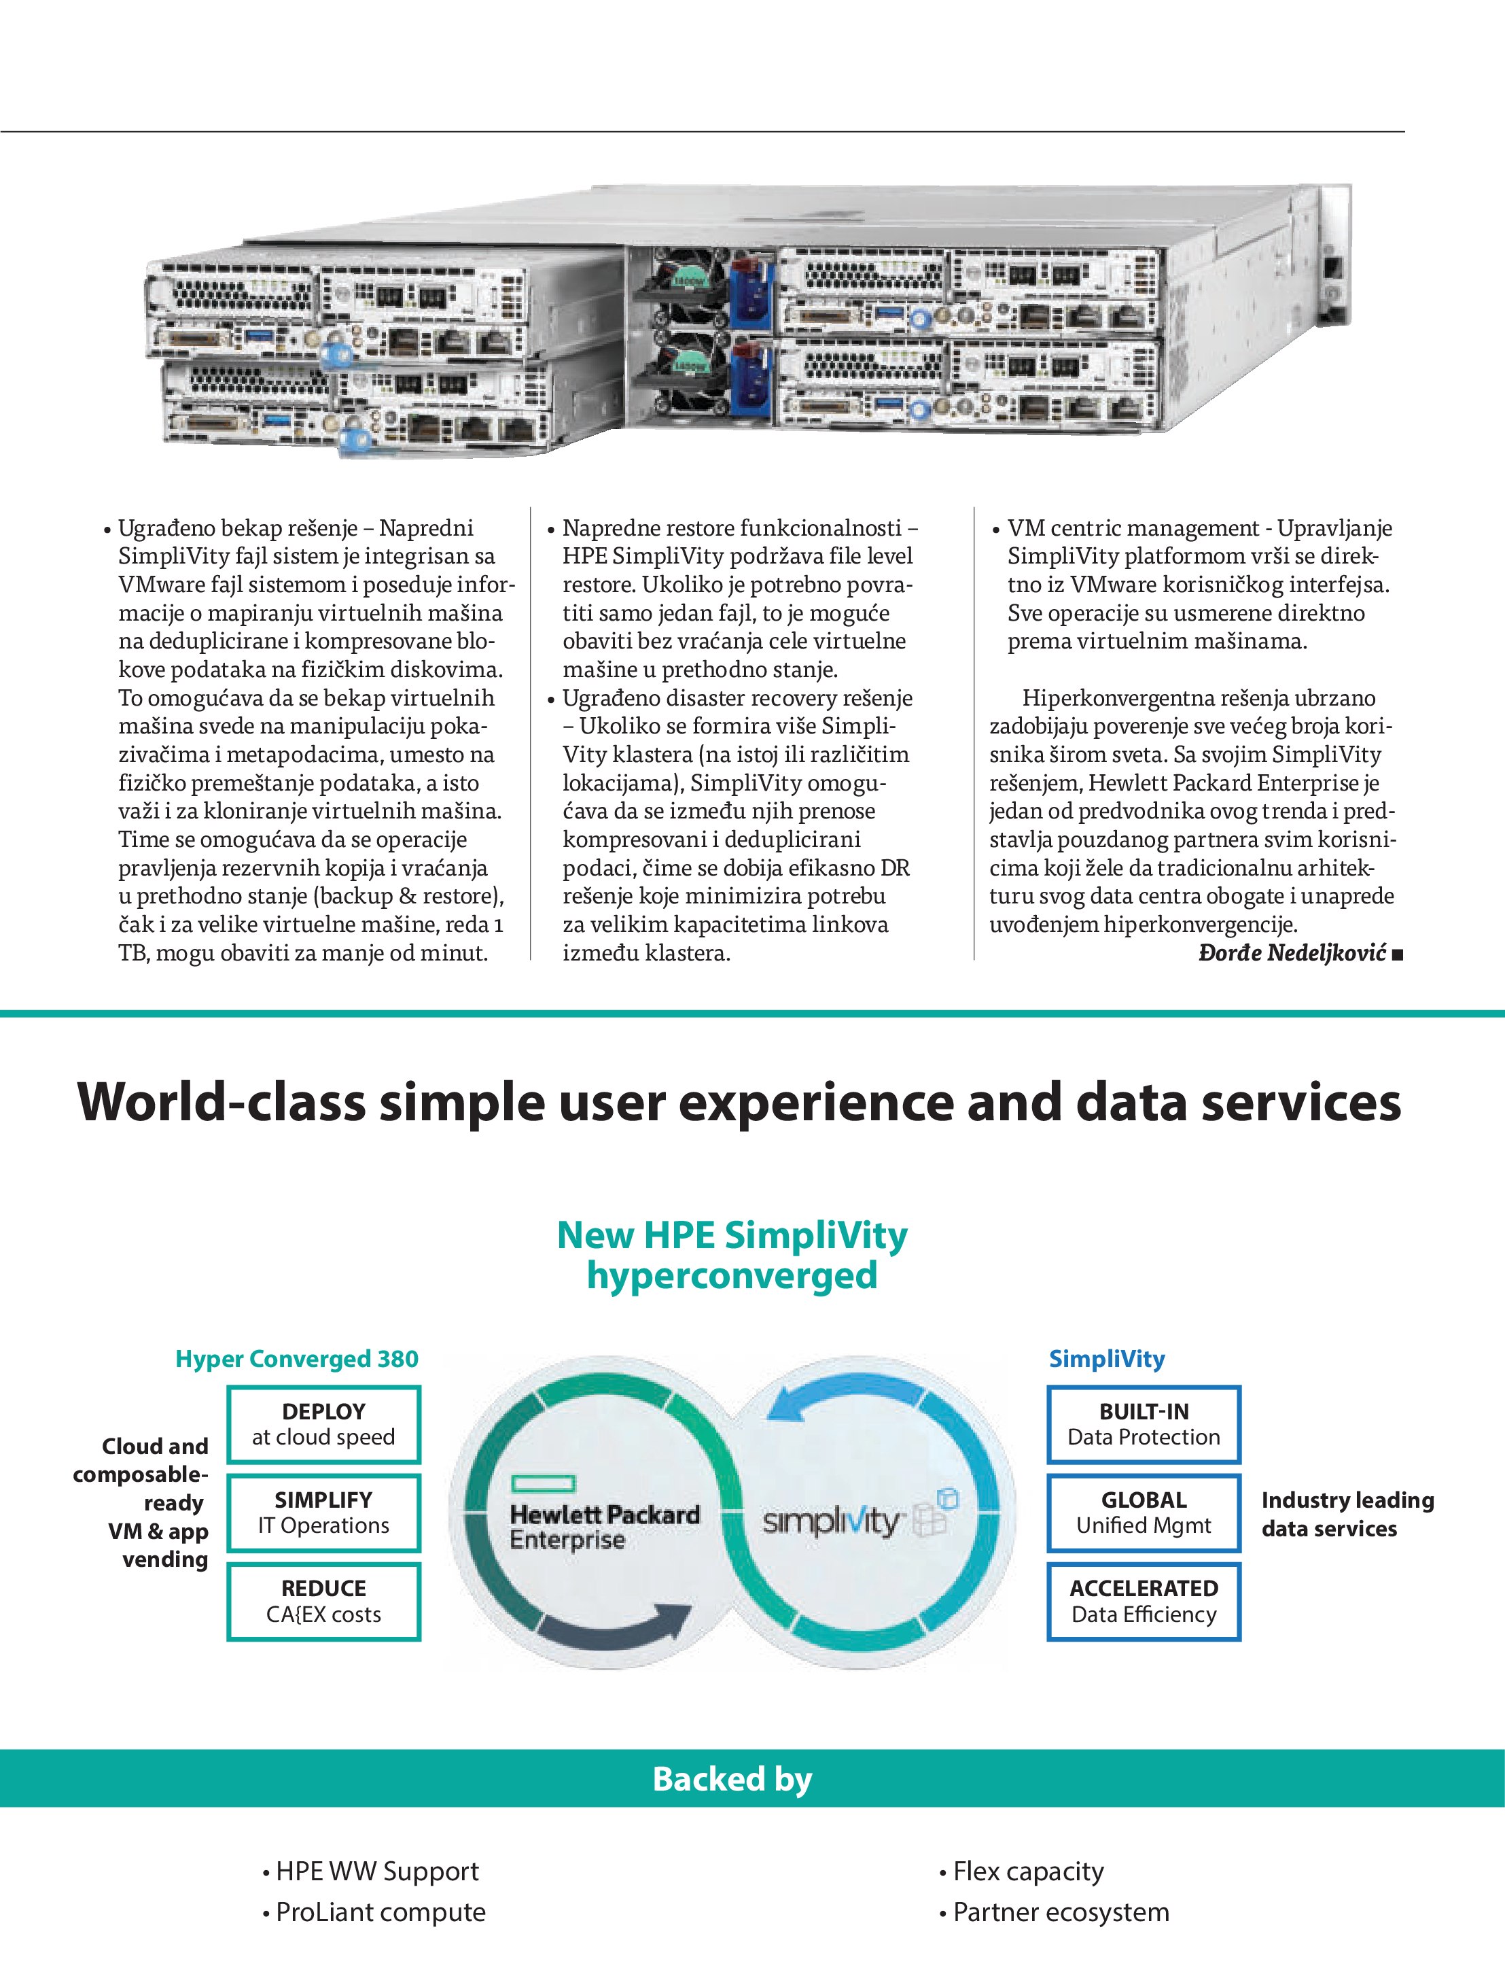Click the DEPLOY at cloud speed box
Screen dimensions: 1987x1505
[323, 1423]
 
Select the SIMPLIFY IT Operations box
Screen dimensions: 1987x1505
[323, 1512]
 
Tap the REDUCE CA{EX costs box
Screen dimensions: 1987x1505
[323, 1601]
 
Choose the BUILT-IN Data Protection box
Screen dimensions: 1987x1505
[1143, 1423]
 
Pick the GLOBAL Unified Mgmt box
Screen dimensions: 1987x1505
[1143, 1512]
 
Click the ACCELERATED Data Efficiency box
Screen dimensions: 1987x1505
[1143, 1601]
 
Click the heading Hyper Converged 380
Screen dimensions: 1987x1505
[296, 1358]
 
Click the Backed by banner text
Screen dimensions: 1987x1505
[732, 1778]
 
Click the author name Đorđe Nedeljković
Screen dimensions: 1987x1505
[1292, 952]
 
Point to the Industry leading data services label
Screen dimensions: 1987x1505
[1346, 1514]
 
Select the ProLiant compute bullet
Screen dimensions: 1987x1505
[380, 1912]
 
